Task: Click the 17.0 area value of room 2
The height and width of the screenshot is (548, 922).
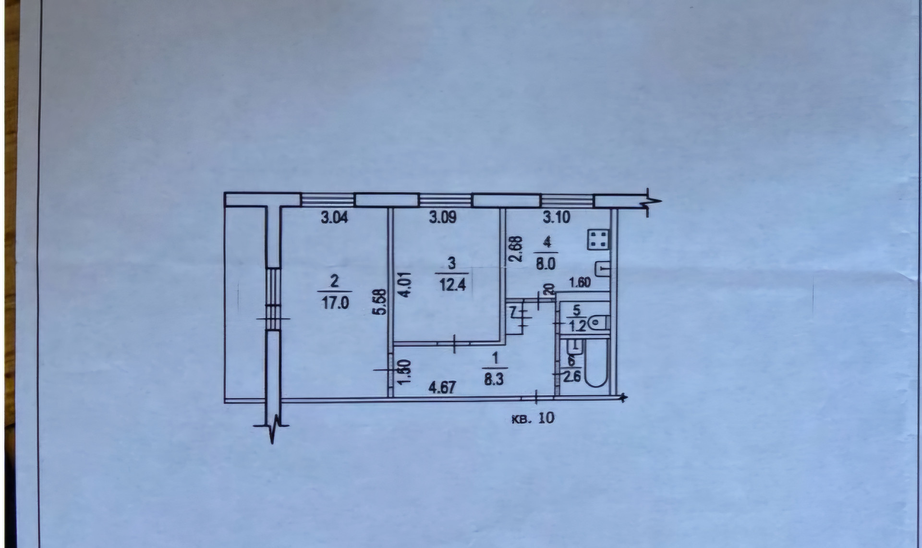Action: click(x=335, y=304)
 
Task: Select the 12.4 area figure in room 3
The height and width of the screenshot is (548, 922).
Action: click(x=453, y=286)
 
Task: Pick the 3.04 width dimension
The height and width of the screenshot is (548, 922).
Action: click(x=334, y=218)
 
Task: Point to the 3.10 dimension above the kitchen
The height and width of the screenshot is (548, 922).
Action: click(x=556, y=218)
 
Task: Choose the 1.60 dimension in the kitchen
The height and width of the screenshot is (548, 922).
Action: click(x=580, y=283)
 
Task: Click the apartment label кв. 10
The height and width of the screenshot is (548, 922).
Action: click(x=533, y=418)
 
